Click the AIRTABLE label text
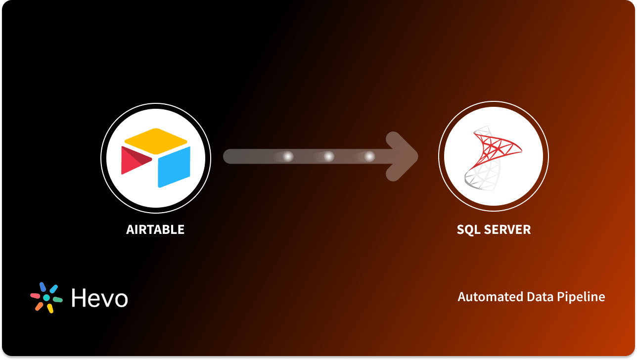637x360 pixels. click(155, 230)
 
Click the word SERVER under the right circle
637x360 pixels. click(508, 230)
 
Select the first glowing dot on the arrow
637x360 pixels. click(287, 157)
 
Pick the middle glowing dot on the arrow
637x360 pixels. click(328, 157)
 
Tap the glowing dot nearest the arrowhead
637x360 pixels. click(369, 157)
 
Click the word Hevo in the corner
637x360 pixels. click(99, 298)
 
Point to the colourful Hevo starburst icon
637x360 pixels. click(46, 298)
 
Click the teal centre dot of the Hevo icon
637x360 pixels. click(46, 298)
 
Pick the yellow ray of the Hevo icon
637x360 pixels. click(50, 308)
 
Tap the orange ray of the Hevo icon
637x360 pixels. click(39, 307)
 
